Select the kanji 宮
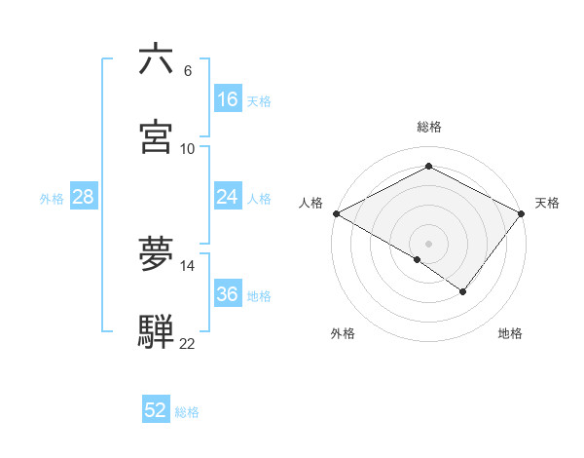[x=157, y=136]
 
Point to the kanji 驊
[x=157, y=331]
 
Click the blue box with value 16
[x=228, y=99]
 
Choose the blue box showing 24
[x=228, y=197]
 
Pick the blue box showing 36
[x=228, y=294]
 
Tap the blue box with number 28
[x=83, y=197]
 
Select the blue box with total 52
[x=156, y=410]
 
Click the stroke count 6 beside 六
[x=188, y=71]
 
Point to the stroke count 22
[x=188, y=344]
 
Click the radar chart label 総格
[x=429, y=127]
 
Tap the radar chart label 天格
[x=547, y=203]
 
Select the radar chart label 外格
[x=343, y=333]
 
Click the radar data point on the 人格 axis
[x=336, y=212]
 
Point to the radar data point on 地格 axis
[x=463, y=290]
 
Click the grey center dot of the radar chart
[x=429, y=243]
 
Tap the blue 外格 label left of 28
[x=52, y=198]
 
